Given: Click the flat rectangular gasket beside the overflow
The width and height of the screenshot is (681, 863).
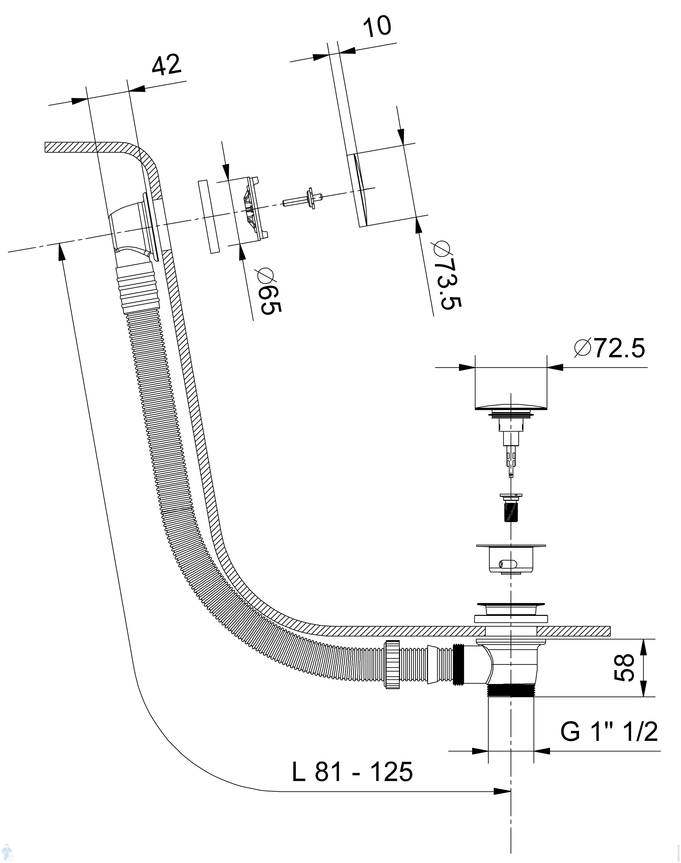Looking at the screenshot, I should click(x=209, y=217).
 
